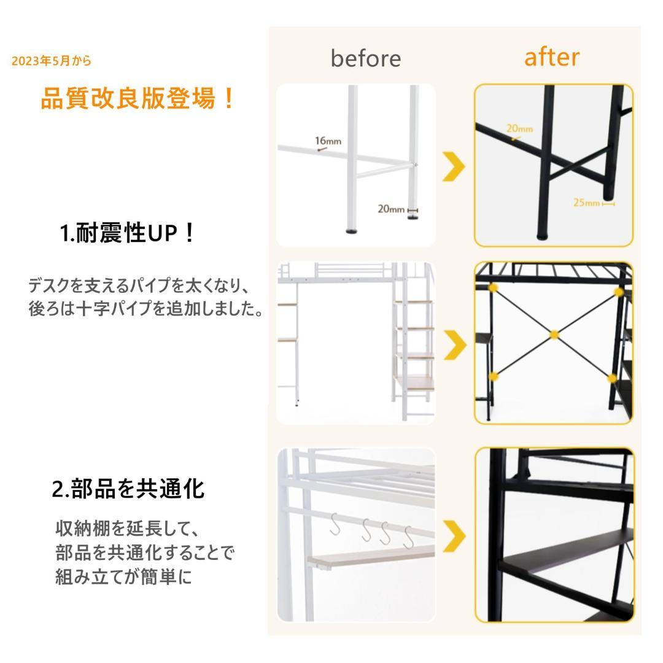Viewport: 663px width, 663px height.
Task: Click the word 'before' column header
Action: [365, 58]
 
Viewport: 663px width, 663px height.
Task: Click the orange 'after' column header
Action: [551, 57]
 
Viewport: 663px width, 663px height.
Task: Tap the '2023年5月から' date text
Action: [52, 61]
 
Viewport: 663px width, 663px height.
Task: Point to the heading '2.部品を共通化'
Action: [128, 489]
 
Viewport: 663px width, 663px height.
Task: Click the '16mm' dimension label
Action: [328, 142]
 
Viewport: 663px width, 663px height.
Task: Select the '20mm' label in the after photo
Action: [519, 129]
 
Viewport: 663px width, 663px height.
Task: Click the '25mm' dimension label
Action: [586, 203]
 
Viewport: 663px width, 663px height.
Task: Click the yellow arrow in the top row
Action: [454, 166]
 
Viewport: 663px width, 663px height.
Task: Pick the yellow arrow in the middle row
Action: [454, 344]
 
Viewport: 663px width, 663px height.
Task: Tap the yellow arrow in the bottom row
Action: [454, 536]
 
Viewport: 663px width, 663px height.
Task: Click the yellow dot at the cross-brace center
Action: [554, 335]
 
